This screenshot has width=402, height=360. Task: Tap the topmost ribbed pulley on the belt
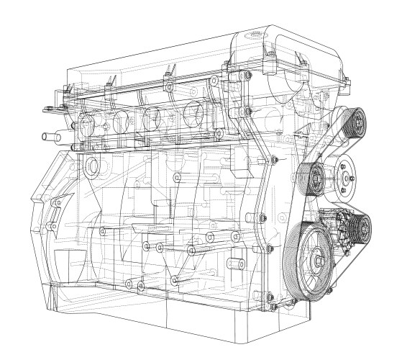(x=354, y=122)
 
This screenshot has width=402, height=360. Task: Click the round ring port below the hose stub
(x=91, y=166)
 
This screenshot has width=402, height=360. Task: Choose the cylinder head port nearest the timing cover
(x=194, y=114)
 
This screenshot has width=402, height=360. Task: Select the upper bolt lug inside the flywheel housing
(x=54, y=207)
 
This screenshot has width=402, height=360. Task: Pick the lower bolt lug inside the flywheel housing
(x=52, y=229)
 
